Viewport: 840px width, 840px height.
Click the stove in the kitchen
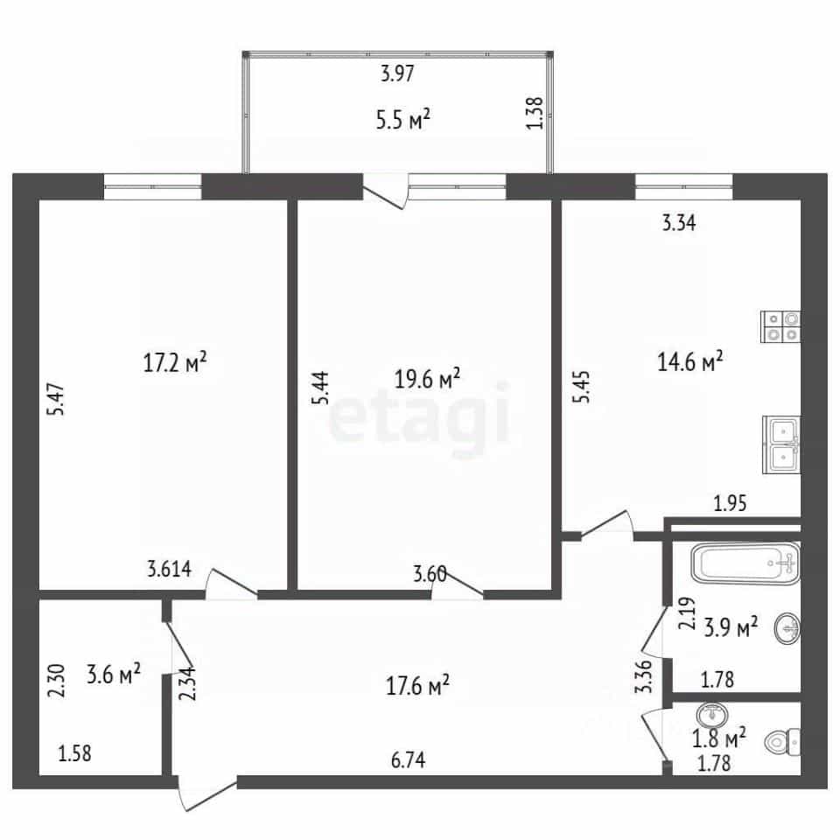pos(780,326)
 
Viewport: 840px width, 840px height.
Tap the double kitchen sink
pos(781,445)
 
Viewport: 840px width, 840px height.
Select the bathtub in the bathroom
pos(745,563)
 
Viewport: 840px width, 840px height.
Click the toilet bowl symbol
pos(783,743)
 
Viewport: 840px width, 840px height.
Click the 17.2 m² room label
pos(175,362)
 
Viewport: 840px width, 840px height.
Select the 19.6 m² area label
pos(427,379)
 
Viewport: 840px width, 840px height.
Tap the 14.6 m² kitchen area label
pos(690,361)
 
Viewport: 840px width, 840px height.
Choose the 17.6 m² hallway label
pos(417,684)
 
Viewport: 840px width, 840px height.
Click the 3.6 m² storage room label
pos(114,674)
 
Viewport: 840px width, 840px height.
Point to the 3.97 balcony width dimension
pos(397,73)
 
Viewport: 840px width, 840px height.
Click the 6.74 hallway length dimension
pos(409,759)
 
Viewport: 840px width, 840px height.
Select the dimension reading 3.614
pos(169,569)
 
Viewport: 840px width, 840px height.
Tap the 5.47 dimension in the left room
pos(56,399)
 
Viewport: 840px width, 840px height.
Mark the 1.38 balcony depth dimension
pos(535,113)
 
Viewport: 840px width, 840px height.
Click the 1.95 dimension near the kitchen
pos(730,503)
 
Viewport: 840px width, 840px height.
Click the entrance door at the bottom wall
pos(206,794)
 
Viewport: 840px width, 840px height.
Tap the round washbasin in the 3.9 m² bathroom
pos(787,628)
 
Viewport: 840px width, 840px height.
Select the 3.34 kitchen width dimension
pos(679,222)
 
